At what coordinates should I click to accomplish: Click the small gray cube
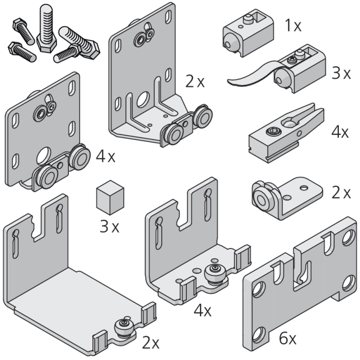point(110,197)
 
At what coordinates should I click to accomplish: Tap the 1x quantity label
point(293,25)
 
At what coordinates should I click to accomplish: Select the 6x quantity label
point(287,338)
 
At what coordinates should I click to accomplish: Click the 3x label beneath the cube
point(109,226)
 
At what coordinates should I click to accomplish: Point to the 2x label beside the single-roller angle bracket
point(341,193)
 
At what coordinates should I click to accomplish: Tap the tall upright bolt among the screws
point(47,29)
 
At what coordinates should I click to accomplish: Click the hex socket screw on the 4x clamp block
point(270,131)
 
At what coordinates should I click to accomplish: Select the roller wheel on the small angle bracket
point(261,198)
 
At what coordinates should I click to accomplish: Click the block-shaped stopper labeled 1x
point(248,32)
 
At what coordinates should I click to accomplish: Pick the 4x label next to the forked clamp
point(340,132)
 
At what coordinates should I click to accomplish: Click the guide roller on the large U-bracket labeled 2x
point(124,327)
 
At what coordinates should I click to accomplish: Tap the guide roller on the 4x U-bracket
point(214,274)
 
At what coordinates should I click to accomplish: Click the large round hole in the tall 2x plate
point(143,99)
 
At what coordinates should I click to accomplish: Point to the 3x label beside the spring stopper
point(341,74)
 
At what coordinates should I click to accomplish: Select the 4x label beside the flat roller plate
point(106,157)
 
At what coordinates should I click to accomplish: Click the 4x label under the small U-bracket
point(202,311)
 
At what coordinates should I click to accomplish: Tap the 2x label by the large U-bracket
point(151,342)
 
